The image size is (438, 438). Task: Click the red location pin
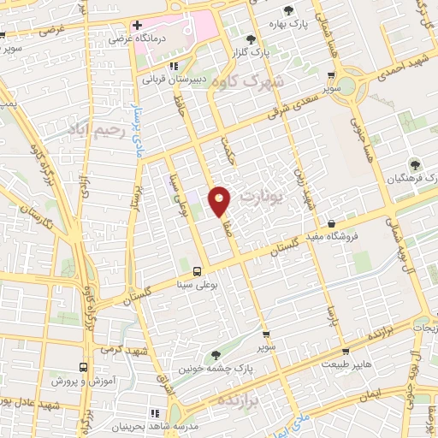click(x=220, y=199)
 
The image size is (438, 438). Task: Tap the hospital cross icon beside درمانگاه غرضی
click(x=137, y=25)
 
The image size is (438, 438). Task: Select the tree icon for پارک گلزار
click(x=250, y=39)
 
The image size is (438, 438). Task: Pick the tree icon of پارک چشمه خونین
click(x=215, y=353)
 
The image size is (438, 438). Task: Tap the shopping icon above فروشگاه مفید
click(x=343, y=222)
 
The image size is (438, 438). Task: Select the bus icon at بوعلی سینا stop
click(x=198, y=271)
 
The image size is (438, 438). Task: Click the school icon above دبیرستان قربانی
click(x=174, y=66)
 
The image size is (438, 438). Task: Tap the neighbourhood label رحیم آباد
click(x=94, y=132)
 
